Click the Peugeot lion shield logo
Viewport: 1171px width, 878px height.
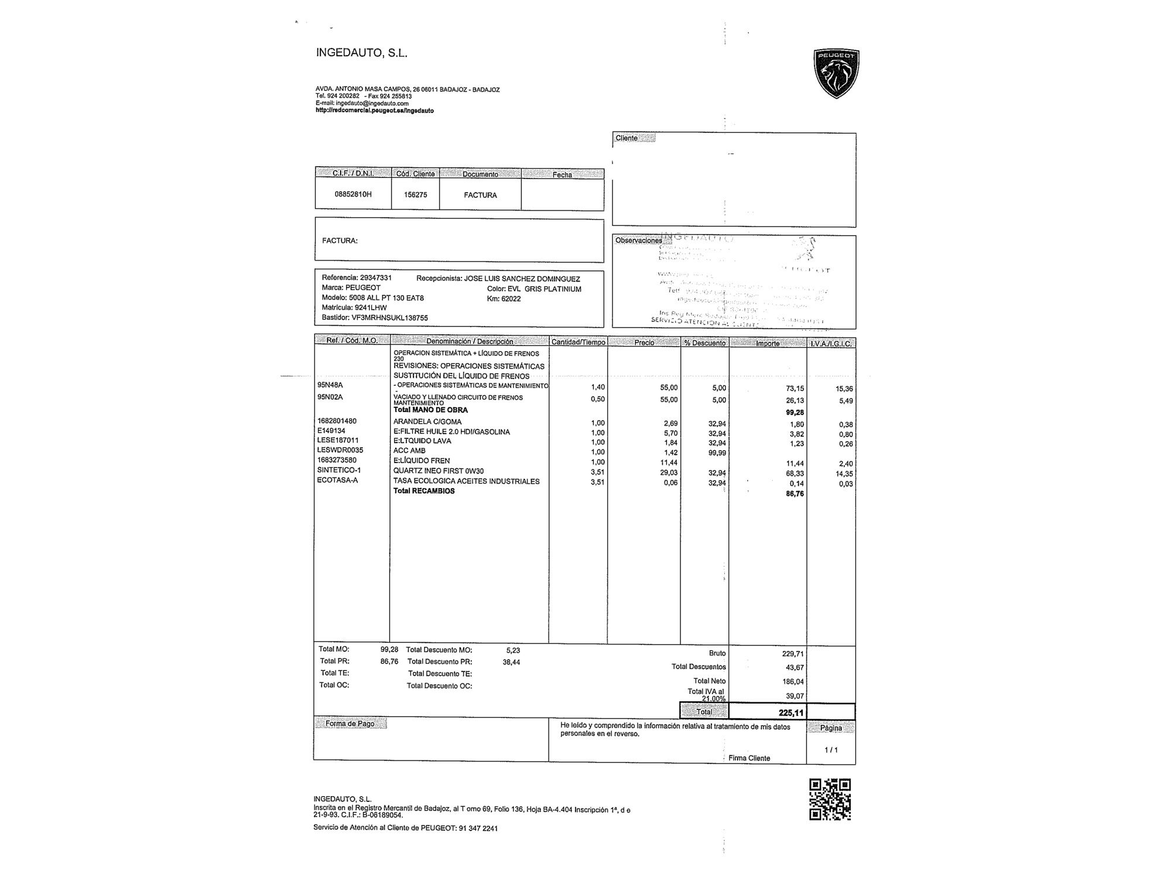point(836,73)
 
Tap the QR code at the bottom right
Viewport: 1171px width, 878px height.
point(830,799)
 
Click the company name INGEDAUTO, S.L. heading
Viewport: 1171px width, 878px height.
point(361,53)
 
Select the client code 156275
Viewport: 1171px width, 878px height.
point(415,195)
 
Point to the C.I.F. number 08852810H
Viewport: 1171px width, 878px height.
point(353,194)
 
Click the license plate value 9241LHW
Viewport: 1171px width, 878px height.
point(371,308)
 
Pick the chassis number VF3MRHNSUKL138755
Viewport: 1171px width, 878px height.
point(389,318)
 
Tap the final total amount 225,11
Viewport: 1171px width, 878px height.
point(791,713)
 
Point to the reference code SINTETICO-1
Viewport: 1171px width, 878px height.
point(339,471)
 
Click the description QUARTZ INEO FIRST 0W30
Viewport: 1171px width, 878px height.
point(439,471)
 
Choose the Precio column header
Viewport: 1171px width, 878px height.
point(644,342)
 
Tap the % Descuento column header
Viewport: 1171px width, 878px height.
point(705,343)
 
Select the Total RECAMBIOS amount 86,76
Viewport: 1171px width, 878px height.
point(795,494)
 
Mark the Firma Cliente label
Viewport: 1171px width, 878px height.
point(749,758)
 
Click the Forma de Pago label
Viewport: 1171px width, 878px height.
point(350,724)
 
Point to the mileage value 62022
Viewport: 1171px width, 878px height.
point(511,299)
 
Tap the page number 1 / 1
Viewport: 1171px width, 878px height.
point(831,750)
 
